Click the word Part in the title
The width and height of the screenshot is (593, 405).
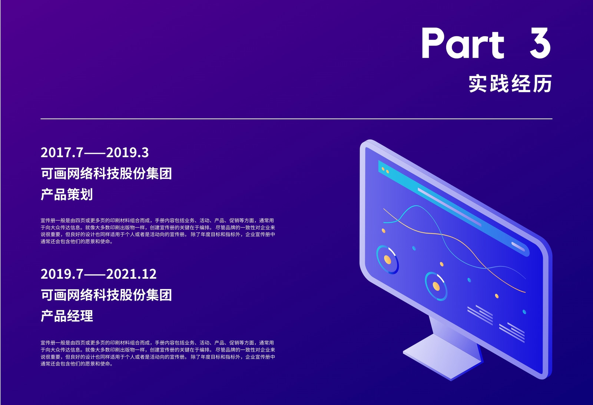[463, 43]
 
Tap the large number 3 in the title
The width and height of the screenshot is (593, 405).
[540, 43]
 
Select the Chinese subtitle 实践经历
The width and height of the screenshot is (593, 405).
[510, 83]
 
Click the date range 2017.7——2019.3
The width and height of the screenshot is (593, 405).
[95, 152]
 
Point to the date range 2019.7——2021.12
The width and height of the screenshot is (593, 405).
[99, 274]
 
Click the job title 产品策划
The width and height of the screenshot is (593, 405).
[67, 194]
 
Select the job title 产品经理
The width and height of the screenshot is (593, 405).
[67, 316]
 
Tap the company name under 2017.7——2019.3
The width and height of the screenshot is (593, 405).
[106, 173]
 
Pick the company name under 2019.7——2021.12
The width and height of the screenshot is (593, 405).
[106, 295]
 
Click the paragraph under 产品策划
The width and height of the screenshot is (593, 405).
[158, 231]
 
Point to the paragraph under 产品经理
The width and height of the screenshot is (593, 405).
[158, 353]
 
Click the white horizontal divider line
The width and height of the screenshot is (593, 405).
[296, 119]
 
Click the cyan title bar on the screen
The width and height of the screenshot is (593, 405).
[454, 208]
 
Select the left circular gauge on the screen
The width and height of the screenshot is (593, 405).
[387, 260]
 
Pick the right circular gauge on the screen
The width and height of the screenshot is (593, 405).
[436, 286]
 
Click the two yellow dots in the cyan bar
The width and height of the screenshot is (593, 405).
[385, 170]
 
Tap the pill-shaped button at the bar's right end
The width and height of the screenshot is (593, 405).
[518, 246]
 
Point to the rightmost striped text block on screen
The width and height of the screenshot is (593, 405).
[512, 332]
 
